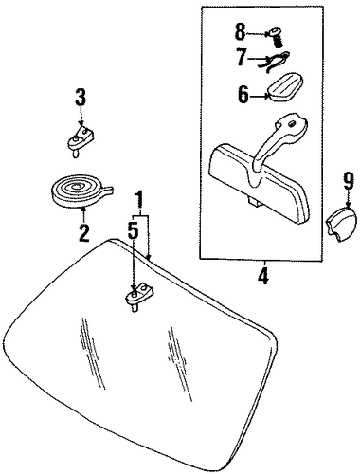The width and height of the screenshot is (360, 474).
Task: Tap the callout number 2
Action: pyautogui.click(x=83, y=233)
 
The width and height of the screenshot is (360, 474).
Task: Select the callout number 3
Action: pyautogui.click(x=81, y=98)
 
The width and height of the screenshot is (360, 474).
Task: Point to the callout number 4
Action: pyautogui.click(x=263, y=276)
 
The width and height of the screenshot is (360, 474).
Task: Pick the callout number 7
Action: pyautogui.click(x=241, y=57)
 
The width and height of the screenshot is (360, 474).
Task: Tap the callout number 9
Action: pyautogui.click(x=348, y=181)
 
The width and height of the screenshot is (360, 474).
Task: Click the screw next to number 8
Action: pyautogui.click(x=276, y=37)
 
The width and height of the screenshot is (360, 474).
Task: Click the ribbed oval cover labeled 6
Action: pyautogui.click(x=285, y=87)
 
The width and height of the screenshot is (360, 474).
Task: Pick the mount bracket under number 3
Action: pyautogui.click(x=81, y=140)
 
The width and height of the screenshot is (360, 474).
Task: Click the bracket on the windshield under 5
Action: pyautogui.click(x=139, y=296)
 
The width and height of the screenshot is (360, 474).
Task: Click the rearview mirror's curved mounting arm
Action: pyautogui.click(x=277, y=142)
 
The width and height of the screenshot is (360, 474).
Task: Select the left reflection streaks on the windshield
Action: pyautogui.click(x=92, y=353)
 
